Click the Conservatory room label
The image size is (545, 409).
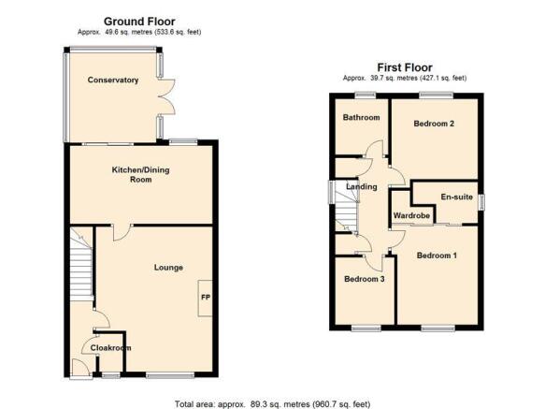[113, 80]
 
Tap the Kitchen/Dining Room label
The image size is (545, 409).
[141, 175]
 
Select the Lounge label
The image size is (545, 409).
[168, 268]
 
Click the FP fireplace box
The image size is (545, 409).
[205, 298]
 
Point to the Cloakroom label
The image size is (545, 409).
[111, 348]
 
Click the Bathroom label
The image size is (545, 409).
[361, 117]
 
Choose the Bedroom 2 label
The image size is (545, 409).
[434, 124]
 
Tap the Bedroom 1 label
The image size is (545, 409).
[437, 256]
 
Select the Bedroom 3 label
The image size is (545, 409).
[365, 279]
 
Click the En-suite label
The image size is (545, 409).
[457, 197]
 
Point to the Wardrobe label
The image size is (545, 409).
[411, 215]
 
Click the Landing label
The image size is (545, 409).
[362, 187]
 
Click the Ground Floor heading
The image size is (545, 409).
[139, 22]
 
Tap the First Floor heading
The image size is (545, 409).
[405, 67]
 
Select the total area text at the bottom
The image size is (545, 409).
[273, 404]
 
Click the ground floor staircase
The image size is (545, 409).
[81, 264]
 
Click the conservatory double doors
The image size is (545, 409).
[166, 96]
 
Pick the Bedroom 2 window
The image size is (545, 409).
[437, 94]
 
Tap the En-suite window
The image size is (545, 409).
[481, 202]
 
